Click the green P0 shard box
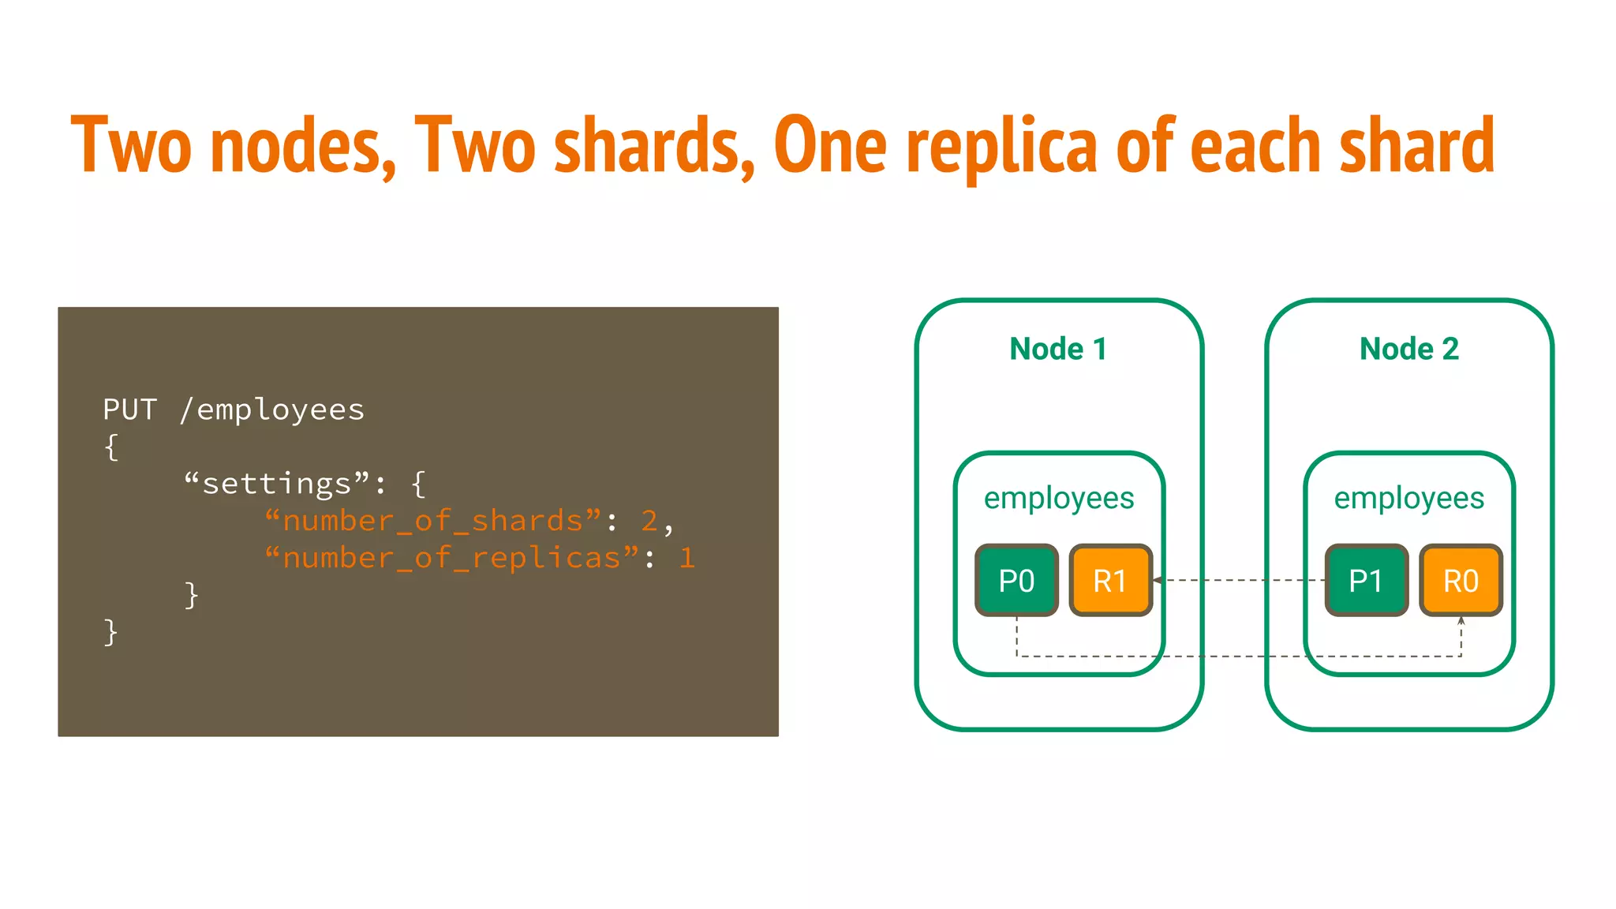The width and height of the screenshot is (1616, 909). pos(1016,580)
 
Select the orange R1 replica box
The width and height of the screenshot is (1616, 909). pos(1110,580)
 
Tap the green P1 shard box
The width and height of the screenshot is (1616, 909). pos(1366,580)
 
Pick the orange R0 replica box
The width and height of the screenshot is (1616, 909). pos(1461,580)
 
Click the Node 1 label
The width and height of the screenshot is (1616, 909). pos(1058,349)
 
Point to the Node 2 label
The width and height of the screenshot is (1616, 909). pos(1409,349)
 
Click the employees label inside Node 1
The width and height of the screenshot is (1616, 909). pos(1059,498)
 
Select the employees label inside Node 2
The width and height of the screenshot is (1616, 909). pos(1409,498)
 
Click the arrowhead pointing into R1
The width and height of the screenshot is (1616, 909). pos(1158,580)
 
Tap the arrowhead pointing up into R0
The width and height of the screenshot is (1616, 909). pos(1461,621)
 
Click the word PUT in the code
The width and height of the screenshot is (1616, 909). pos(130,410)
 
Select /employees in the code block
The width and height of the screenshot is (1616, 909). pos(272,410)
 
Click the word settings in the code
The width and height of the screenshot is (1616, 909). pos(276,484)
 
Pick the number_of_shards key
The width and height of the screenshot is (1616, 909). pos(432,521)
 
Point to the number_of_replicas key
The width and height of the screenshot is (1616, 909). pos(451,558)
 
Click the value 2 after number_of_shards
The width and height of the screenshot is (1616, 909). pos(649,521)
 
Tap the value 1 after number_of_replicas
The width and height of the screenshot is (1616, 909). pos(686,558)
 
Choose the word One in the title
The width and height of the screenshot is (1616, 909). pos(831,147)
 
